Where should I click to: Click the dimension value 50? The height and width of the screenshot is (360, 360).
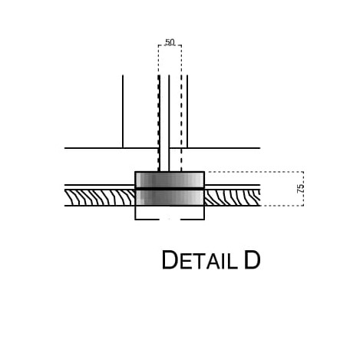(170, 42)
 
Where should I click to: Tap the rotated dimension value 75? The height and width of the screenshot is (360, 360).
(301, 188)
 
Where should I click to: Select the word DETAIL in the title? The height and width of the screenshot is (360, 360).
(200, 260)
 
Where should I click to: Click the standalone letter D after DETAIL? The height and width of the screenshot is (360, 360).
(253, 260)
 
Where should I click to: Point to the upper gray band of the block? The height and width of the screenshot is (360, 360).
(170, 180)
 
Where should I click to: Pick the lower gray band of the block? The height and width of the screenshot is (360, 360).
(170, 197)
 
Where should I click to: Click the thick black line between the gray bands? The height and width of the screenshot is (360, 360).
(170, 189)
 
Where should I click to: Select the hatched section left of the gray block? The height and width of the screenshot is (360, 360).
(100, 197)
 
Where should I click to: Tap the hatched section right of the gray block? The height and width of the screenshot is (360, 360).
(233, 197)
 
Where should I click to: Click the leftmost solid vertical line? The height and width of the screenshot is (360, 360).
(123, 111)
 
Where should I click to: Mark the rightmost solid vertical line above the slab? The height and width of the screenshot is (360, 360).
(187, 111)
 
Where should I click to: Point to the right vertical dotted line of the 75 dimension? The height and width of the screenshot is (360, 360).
(303, 189)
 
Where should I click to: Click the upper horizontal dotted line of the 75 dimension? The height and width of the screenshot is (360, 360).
(254, 172)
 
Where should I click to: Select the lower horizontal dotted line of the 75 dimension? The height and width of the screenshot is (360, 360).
(282, 206)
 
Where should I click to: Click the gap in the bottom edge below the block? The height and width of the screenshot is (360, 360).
(170, 220)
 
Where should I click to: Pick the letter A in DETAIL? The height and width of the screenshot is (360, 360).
(213, 262)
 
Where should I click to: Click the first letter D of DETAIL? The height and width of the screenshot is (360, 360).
(170, 260)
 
